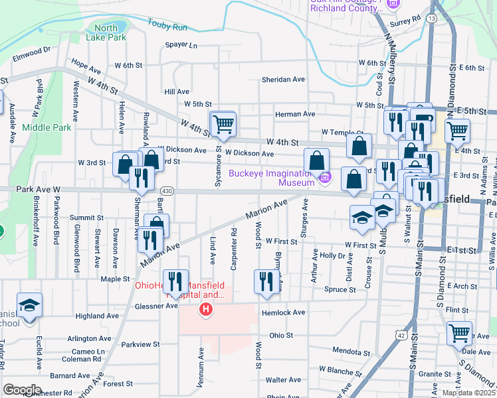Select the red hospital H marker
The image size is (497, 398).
click(x=207, y=308)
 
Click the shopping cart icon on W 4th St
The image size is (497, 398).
click(x=223, y=123)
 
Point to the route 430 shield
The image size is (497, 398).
click(x=167, y=191)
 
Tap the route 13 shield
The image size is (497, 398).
click(x=432, y=19)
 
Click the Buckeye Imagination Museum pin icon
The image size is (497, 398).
click(x=324, y=177)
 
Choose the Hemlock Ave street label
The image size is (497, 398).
click(x=282, y=312)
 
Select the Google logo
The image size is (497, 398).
click(x=22, y=390)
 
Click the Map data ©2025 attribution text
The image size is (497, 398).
click(x=468, y=393)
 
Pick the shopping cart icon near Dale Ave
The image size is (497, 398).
click(x=459, y=332)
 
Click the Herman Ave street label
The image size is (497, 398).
click(x=295, y=114)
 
